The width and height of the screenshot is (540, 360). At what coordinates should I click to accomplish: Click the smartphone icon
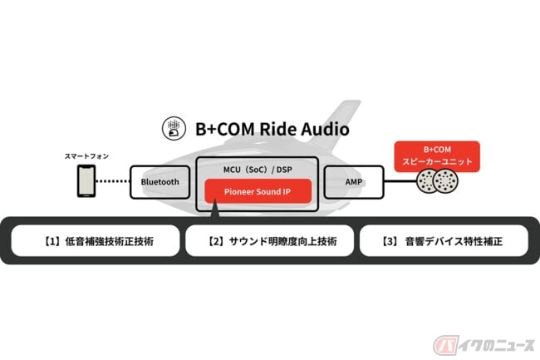click(86, 181)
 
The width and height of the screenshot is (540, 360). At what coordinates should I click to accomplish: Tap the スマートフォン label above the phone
click(86, 156)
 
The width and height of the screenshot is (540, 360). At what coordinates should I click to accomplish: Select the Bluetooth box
click(160, 182)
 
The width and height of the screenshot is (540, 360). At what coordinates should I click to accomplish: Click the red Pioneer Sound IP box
click(258, 191)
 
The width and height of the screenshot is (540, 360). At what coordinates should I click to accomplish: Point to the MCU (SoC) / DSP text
click(258, 170)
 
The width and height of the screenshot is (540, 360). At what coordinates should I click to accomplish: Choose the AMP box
click(354, 182)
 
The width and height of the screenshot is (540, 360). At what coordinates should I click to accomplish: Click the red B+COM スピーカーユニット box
click(437, 156)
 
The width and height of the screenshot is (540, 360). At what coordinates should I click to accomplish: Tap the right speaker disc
click(445, 181)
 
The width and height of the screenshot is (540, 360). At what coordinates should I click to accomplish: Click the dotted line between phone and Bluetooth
click(113, 181)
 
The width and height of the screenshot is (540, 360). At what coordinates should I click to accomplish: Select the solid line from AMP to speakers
click(400, 181)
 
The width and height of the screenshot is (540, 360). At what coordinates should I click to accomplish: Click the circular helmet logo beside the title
click(174, 128)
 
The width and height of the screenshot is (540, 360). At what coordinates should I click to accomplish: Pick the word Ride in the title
click(278, 129)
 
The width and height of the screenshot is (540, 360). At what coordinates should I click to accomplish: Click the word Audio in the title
click(325, 129)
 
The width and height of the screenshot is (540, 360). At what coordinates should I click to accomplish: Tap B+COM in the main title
click(225, 129)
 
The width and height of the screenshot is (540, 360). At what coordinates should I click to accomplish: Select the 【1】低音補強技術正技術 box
click(96, 241)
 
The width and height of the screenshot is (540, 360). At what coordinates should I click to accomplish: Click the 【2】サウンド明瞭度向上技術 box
click(270, 241)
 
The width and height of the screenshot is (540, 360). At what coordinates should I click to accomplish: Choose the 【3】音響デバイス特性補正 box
click(444, 241)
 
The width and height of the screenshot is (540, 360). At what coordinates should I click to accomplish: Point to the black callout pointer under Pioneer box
click(214, 209)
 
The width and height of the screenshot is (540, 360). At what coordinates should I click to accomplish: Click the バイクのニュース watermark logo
click(484, 345)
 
